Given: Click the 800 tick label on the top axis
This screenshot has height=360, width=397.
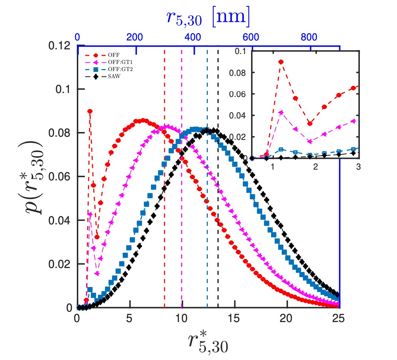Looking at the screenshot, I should [310, 37].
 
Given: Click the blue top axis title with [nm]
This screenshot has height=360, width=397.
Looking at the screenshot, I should [208, 18].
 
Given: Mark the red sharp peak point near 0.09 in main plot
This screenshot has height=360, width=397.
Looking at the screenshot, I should [90, 111].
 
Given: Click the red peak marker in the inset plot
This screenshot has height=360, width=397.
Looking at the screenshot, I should [281, 62].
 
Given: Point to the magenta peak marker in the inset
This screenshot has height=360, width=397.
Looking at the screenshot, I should [281, 112].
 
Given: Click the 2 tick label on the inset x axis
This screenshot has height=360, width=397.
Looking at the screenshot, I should [315, 167].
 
